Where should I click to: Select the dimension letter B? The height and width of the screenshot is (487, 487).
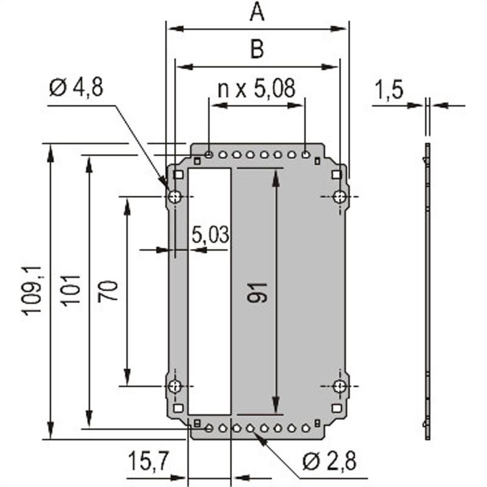pos(258,50)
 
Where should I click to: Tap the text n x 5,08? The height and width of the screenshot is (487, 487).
pos(256,89)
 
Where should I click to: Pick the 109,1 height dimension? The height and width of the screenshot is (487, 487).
pos(32,290)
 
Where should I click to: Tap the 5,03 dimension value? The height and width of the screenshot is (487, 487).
pos(210,234)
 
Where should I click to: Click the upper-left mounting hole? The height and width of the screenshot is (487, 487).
pos(175,197)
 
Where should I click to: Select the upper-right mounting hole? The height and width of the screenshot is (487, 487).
pos(340,197)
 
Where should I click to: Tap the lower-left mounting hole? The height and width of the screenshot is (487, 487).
pos(175,386)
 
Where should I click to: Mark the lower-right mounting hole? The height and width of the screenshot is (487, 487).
pos(340,386)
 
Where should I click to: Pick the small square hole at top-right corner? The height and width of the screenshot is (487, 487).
pos(335,175)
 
